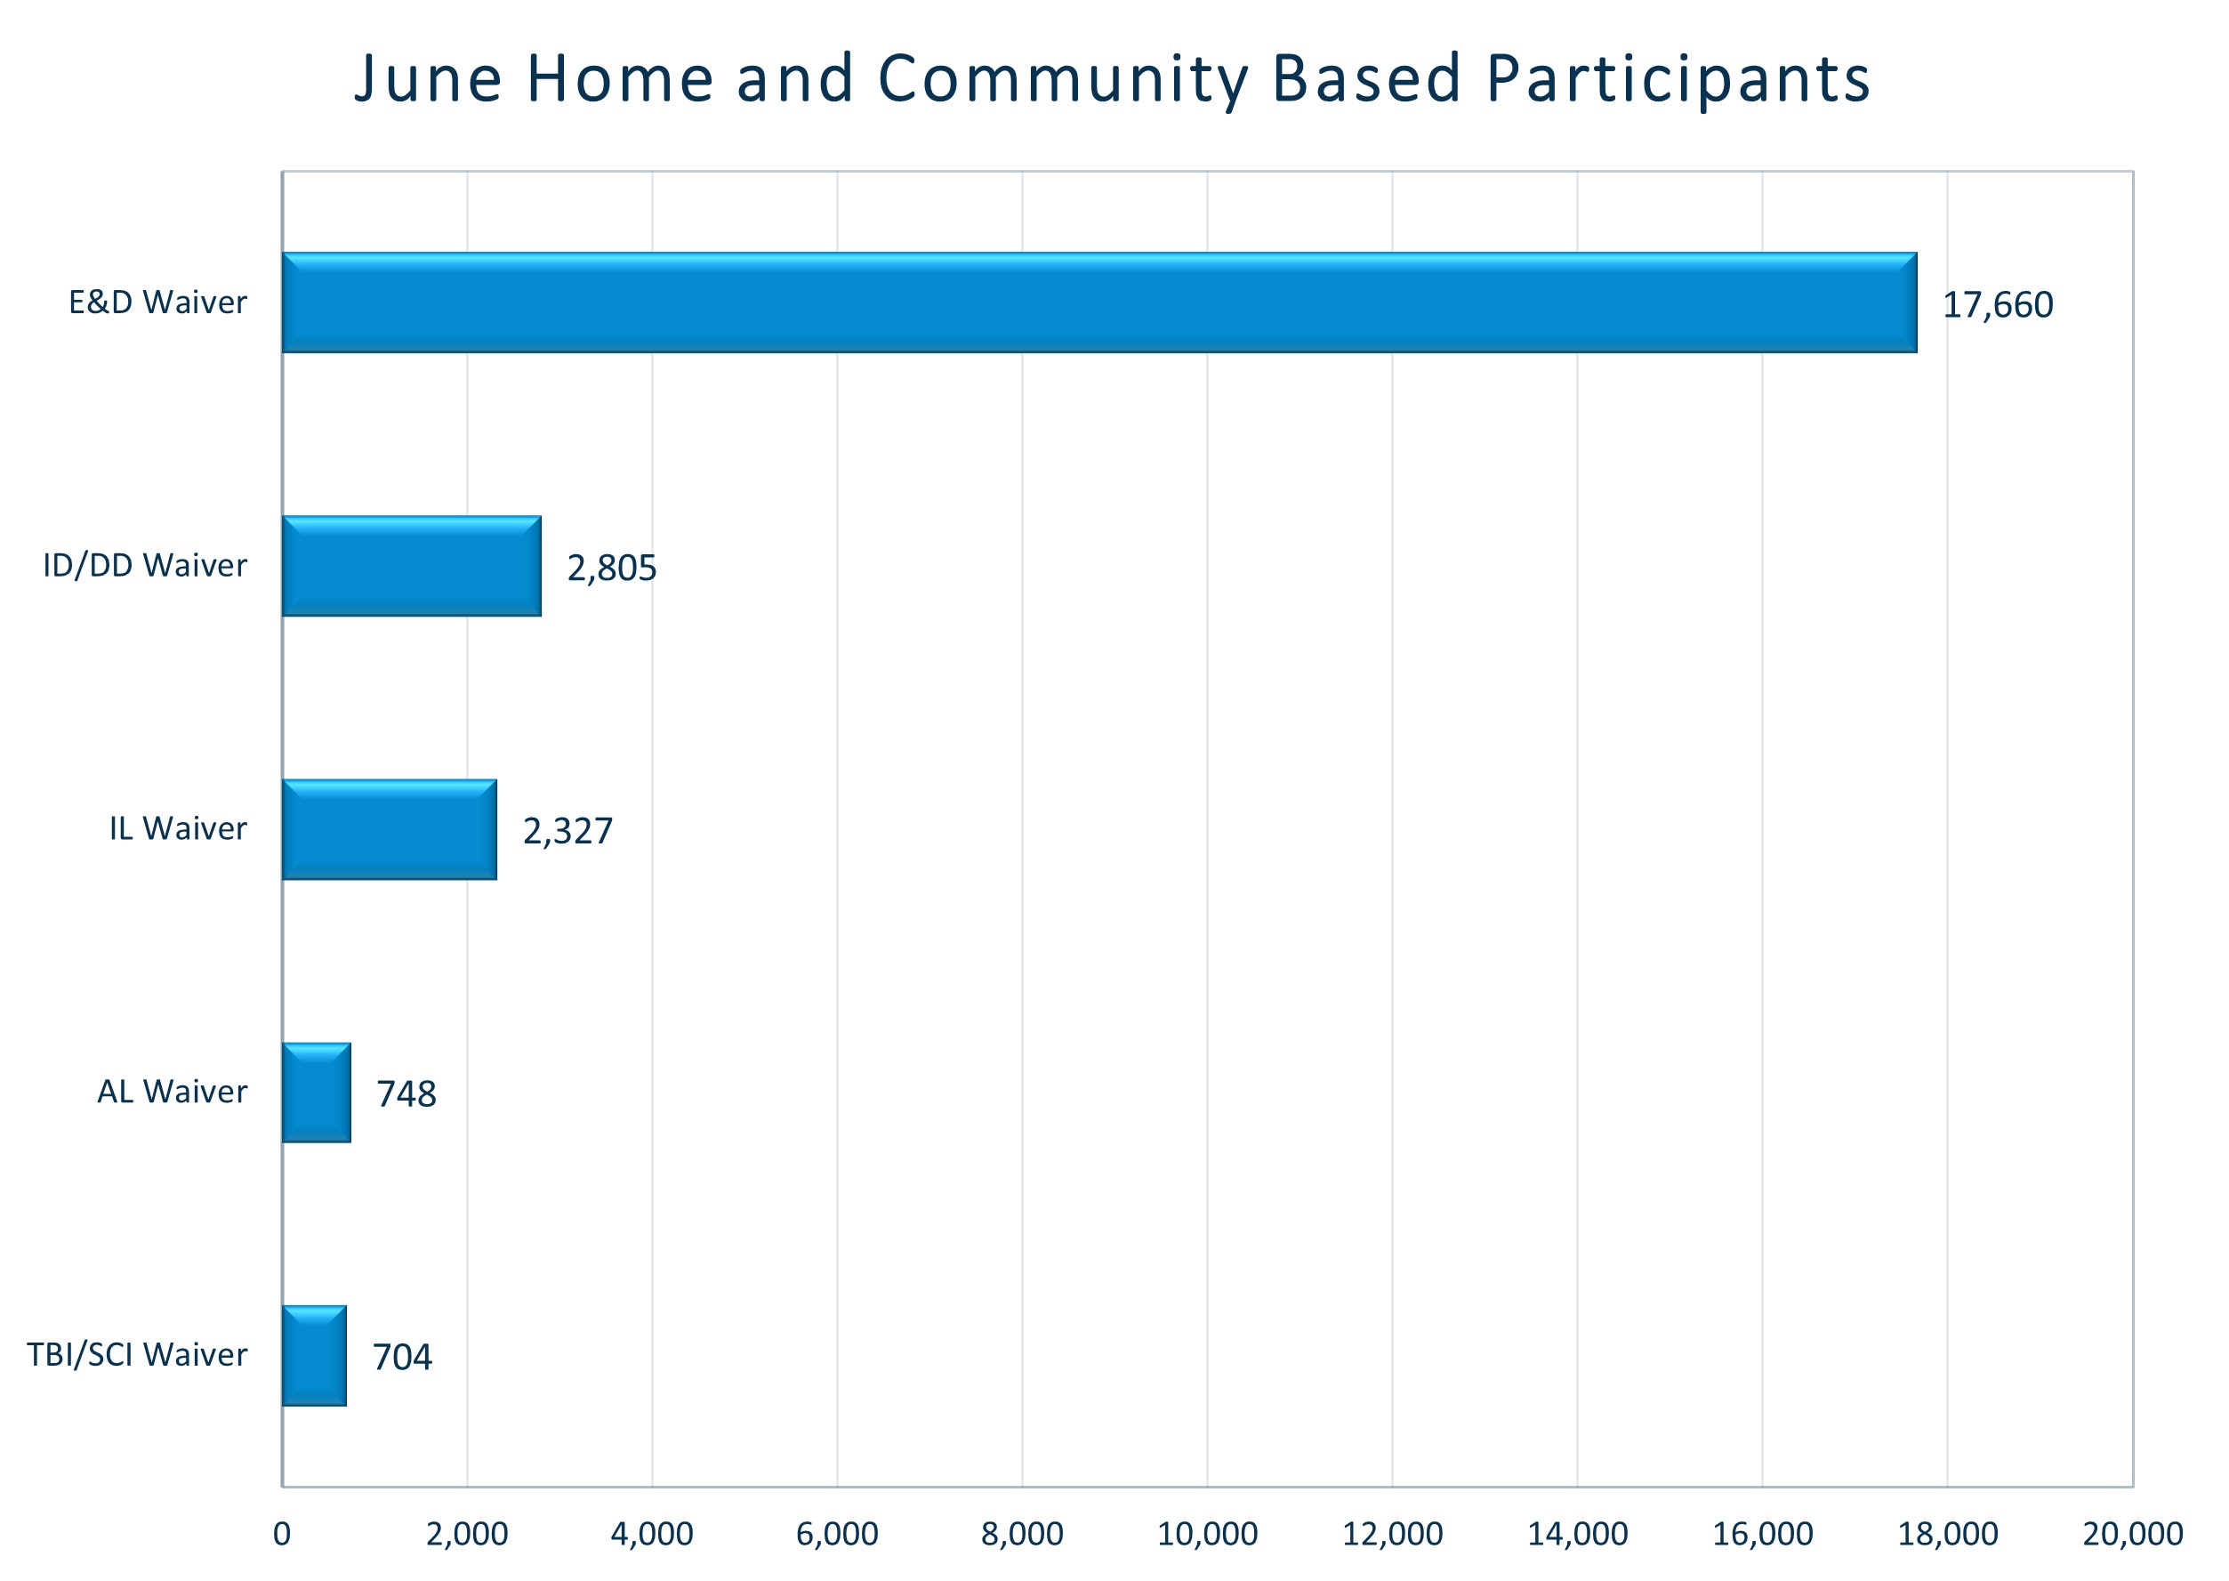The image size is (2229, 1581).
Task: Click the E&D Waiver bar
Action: coord(1098,302)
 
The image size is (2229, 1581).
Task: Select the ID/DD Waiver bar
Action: coord(411,566)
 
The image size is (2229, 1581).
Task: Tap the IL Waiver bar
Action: coord(390,829)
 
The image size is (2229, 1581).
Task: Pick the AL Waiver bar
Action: coord(316,1093)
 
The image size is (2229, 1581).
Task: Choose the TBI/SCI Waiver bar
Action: coord(313,1355)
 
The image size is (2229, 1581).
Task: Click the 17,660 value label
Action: coord(1998,304)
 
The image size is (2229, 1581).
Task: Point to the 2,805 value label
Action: coord(611,568)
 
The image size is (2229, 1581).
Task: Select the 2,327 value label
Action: coord(567,830)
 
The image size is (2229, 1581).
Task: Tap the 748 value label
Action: coord(406,1094)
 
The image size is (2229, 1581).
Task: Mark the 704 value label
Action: coord(402,1357)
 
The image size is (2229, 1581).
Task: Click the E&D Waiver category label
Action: coord(157,302)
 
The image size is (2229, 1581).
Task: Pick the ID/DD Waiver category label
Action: coord(145,566)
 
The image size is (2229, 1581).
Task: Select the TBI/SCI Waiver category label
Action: coord(137,1355)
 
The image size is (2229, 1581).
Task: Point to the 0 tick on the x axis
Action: coord(282,1534)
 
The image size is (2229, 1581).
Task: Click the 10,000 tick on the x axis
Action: coord(1207,1534)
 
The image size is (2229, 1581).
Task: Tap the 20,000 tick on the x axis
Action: coord(2132,1534)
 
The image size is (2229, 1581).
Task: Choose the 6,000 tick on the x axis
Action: coord(837,1534)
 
